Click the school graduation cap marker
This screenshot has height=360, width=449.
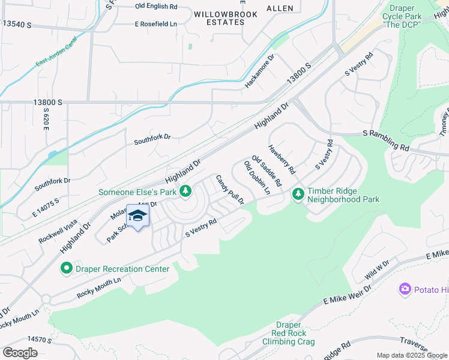(138, 217)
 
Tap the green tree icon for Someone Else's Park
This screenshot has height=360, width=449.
(186, 191)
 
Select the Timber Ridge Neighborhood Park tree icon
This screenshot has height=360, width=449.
(298, 194)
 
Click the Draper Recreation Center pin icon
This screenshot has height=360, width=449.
(66, 268)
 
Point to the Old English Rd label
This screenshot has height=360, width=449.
(157, 6)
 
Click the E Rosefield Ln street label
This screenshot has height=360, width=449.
(156, 24)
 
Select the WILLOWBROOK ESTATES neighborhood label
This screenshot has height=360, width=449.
(226, 18)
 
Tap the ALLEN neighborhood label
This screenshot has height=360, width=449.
(280, 8)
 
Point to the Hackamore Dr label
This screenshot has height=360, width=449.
(259, 71)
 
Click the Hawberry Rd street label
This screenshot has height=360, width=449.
(282, 159)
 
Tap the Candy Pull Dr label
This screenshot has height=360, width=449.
(230, 190)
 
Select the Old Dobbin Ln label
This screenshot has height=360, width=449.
(257, 177)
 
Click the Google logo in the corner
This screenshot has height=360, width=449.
(20, 352)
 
